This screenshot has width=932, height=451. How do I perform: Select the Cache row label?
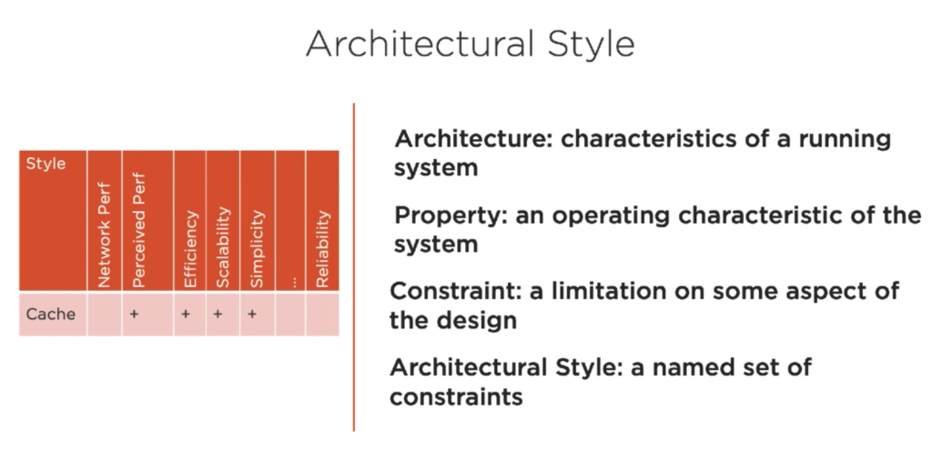tap(51, 314)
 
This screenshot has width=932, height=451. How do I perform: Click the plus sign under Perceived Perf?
tap(134, 314)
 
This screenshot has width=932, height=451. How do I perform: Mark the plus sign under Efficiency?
tap(186, 314)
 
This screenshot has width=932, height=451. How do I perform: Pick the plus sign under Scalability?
tap(218, 314)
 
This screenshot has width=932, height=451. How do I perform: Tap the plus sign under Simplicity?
tap(252, 314)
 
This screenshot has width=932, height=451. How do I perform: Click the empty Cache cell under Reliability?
tap(323, 315)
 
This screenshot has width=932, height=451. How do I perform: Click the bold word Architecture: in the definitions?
tap(474, 139)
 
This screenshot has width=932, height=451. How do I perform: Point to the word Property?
tap(451, 216)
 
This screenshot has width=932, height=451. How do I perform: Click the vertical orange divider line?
tap(354, 267)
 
